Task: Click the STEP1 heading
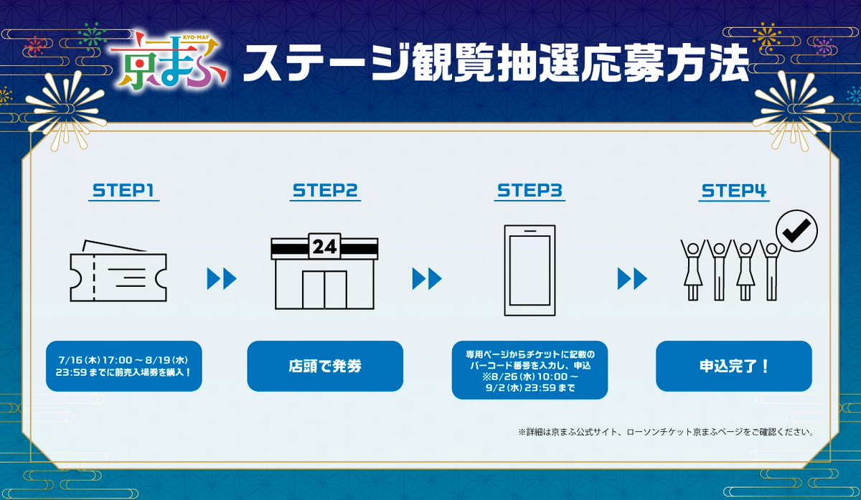123,191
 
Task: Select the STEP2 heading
325,191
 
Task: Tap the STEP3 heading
530,191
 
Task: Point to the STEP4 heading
734,191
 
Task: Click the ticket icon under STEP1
118,271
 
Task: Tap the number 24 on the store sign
325,246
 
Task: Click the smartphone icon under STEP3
530,270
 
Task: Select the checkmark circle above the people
797,230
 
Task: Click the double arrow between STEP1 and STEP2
222,278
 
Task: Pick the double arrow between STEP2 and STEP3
427,278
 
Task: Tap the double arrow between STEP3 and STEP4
632,278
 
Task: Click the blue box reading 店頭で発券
325,367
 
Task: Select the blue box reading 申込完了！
734,367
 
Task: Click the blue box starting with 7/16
123,367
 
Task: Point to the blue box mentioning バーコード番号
530,370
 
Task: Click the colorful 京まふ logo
169,62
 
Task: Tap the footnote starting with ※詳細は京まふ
666,432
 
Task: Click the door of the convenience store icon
325,290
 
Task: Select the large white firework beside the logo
65,110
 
